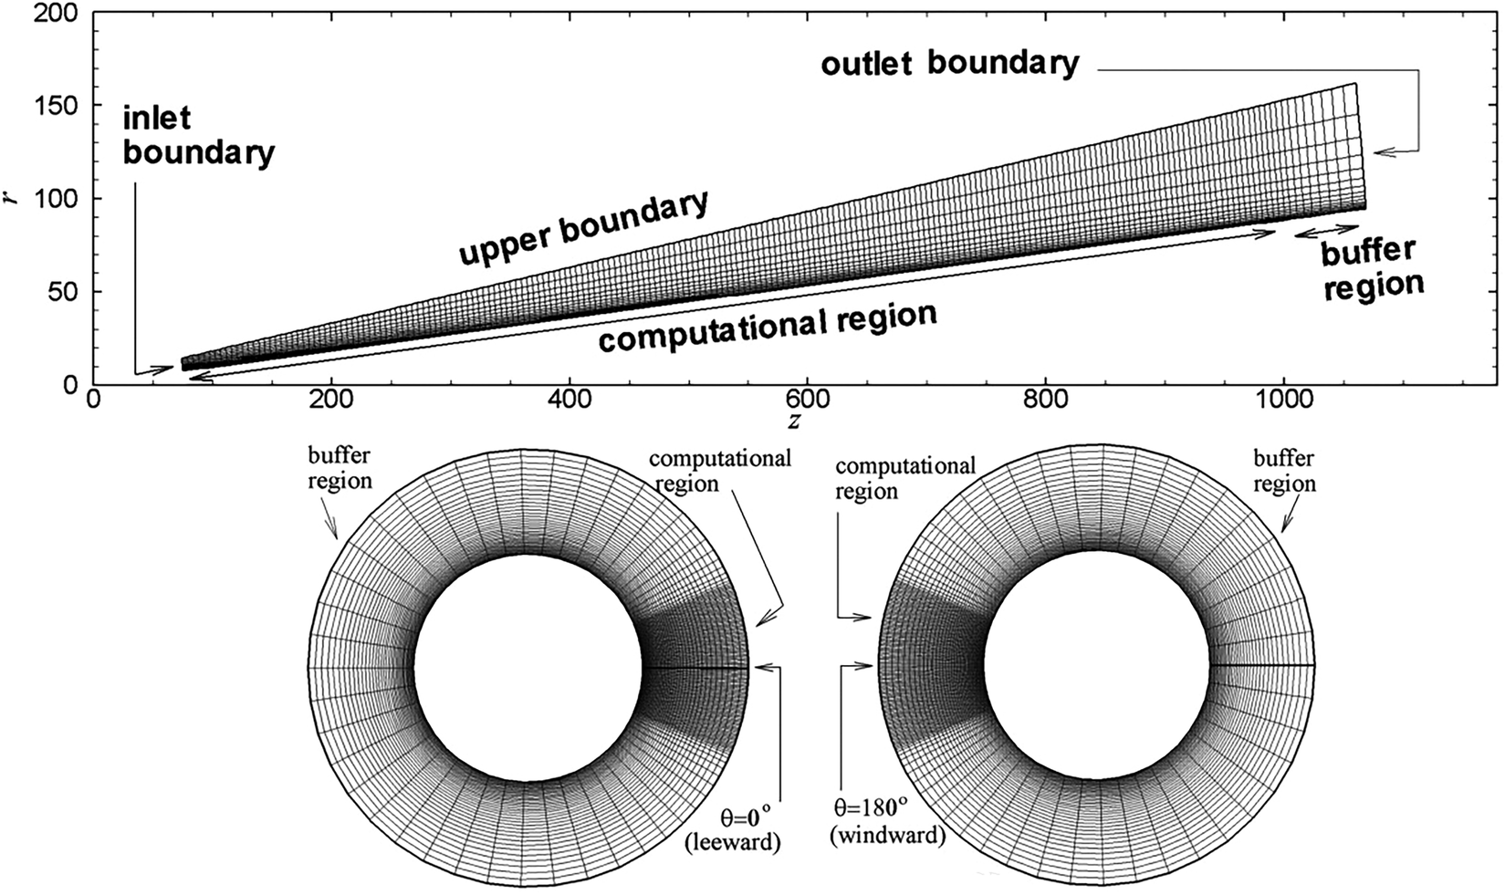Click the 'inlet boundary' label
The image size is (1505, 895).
pyautogui.click(x=198, y=136)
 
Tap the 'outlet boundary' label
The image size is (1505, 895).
pyautogui.click(x=949, y=64)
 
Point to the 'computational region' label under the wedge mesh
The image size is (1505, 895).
pyautogui.click(x=768, y=328)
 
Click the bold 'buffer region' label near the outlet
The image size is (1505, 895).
pyautogui.click(x=1371, y=270)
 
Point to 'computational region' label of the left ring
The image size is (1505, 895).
pyautogui.click(x=720, y=470)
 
